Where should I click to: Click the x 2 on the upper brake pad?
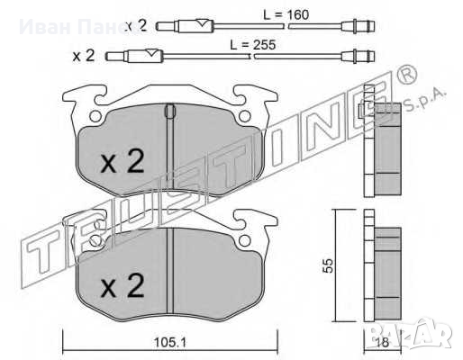[x=121, y=162]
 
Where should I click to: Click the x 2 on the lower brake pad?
[x=121, y=287]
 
